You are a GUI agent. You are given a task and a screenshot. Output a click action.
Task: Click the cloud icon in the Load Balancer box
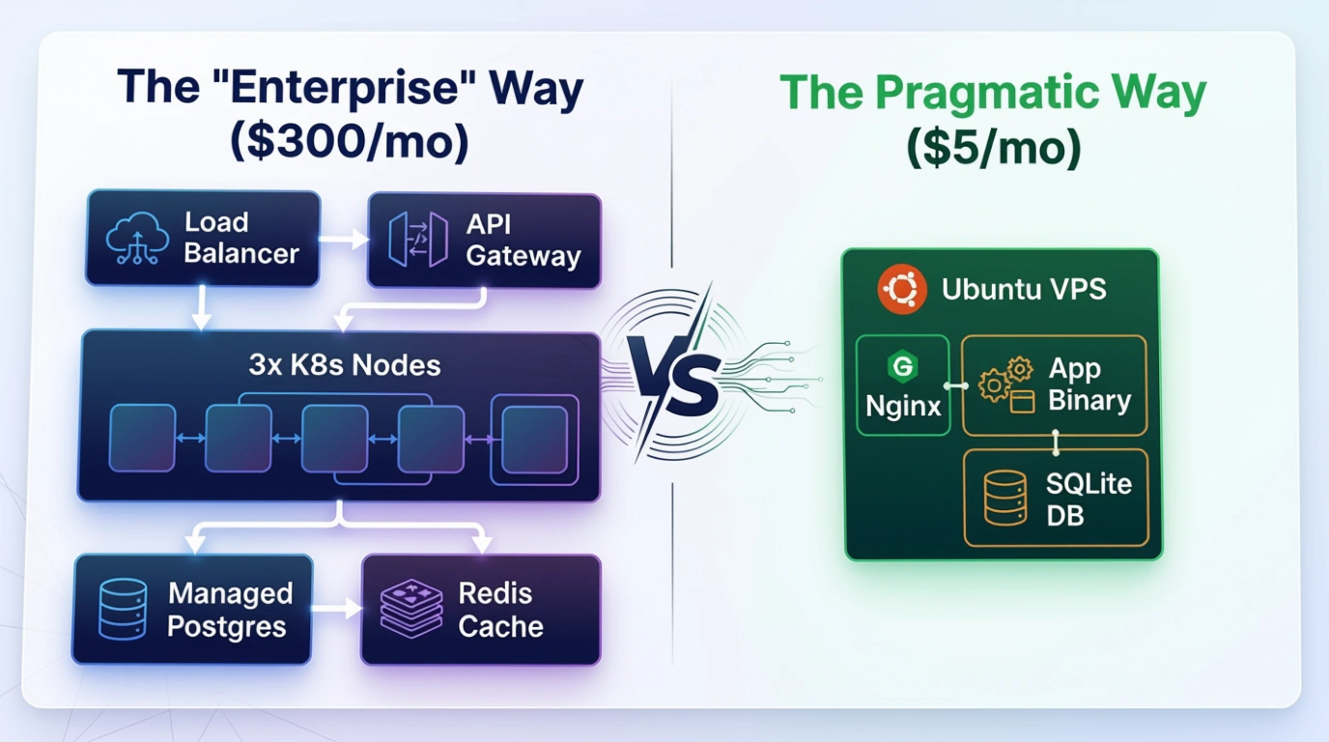137,238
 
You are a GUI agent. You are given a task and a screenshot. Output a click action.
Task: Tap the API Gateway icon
417,240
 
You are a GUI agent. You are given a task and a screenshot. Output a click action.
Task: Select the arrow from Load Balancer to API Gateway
344,240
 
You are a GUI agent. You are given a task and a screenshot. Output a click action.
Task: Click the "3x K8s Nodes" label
345,364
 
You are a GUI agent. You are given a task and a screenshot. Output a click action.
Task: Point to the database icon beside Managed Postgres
123,609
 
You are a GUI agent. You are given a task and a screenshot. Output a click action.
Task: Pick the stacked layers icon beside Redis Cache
411,609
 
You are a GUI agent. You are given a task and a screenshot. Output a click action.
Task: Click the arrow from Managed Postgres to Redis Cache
336,609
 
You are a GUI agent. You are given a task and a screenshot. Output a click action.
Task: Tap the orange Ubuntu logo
902,289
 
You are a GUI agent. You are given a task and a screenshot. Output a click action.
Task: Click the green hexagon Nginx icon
902,365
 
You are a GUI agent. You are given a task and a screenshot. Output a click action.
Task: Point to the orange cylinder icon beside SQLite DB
1005,498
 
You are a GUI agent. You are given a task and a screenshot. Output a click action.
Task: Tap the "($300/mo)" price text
350,142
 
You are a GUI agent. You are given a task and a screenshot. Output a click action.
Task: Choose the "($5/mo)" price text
994,148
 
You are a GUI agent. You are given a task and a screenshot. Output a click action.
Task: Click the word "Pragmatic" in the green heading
987,94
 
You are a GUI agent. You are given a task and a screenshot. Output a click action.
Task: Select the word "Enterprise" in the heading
344,89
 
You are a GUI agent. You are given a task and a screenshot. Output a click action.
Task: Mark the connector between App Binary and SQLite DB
1056,442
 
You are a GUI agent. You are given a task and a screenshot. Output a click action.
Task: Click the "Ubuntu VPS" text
1024,289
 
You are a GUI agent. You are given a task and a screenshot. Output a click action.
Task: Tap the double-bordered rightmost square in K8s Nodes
534,440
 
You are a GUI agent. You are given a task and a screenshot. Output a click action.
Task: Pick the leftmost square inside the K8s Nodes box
142,438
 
